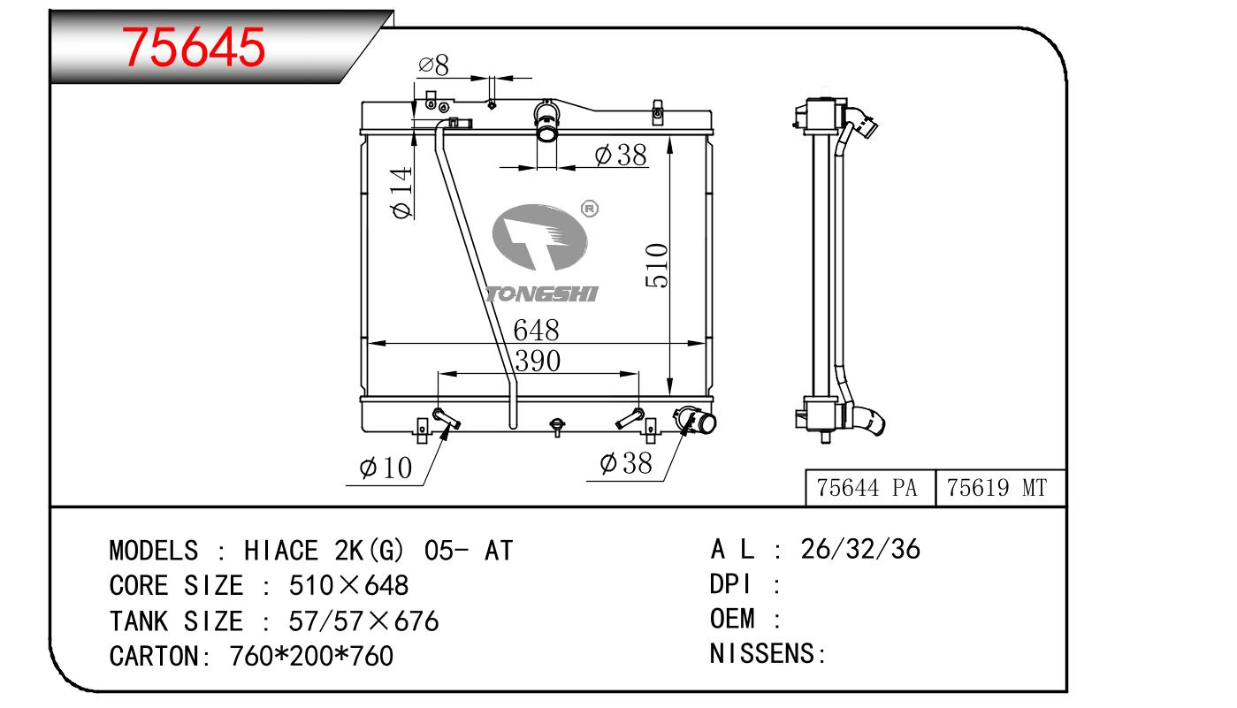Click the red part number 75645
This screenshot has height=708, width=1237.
point(194,48)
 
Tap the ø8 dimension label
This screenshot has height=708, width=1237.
point(433,65)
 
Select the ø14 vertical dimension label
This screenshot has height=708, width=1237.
point(401,193)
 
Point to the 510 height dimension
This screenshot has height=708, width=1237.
point(657,265)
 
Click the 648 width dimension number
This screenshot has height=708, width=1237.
point(536,331)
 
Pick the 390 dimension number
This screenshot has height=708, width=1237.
point(538,362)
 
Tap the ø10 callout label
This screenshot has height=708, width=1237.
point(386,468)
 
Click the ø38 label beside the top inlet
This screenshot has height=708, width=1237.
point(621,155)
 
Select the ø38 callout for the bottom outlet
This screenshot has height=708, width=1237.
point(626,463)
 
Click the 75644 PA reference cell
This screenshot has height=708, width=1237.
point(867,488)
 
